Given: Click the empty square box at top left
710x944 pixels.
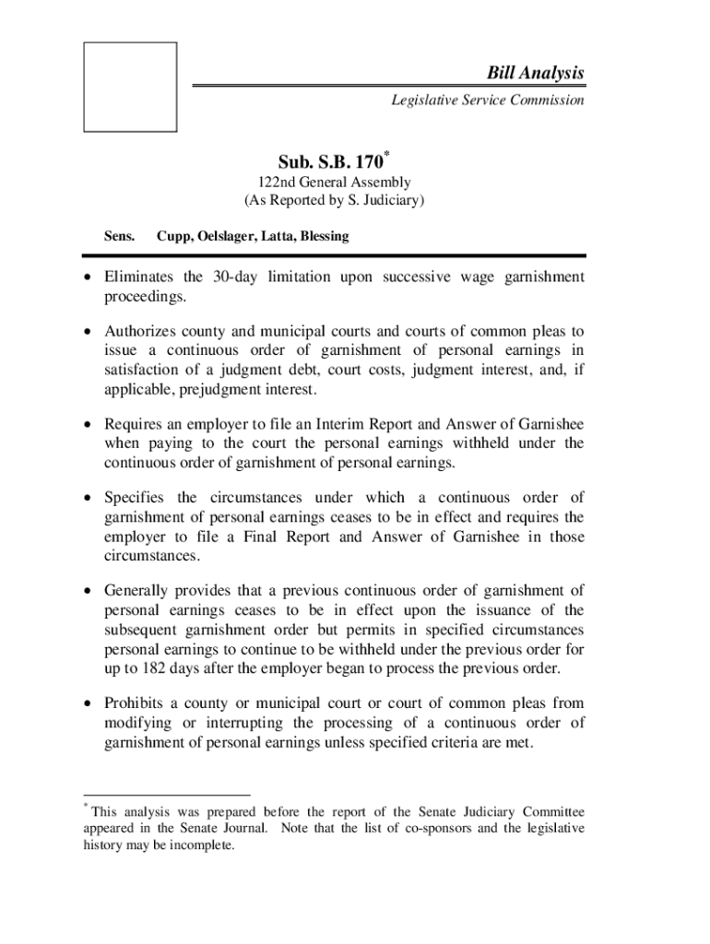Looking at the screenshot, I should pyautogui.click(x=130, y=86).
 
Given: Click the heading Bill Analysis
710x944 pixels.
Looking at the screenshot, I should pyautogui.click(x=536, y=73).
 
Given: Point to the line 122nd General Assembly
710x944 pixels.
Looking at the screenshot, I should pyautogui.click(x=334, y=183).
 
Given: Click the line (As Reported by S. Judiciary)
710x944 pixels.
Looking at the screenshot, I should pyautogui.click(x=334, y=200).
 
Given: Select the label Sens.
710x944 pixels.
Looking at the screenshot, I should pyautogui.click(x=118, y=236).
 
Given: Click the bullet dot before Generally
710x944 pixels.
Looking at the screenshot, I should pyautogui.click(x=88, y=590).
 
